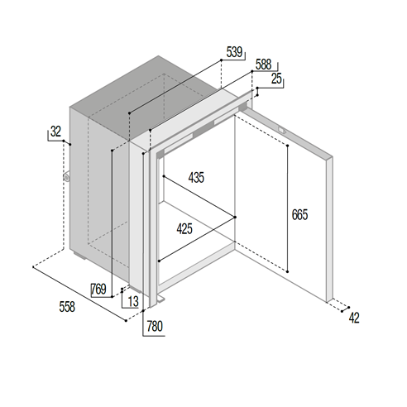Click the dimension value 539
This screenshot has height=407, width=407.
[x=234, y=52]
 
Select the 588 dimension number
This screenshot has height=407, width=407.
[x=264, y=65]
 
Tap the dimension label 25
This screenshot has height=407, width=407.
[x=276, y=79]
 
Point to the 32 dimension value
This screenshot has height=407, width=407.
[x=55, y=132]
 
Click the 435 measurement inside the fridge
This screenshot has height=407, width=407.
[x=196, y=177]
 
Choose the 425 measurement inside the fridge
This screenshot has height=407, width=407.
[x=184, y=229]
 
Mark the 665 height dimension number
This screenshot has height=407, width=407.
[x=299, y=215]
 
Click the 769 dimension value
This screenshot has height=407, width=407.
[x=98, y=290]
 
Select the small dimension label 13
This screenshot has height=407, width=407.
[x=133, y=301]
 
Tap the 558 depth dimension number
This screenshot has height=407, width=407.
[x=67, y=307]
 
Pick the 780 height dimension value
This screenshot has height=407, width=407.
[x=155, y=326]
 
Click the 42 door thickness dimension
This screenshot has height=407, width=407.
[x=354, y=318]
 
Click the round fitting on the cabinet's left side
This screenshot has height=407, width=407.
[x=66, y=177]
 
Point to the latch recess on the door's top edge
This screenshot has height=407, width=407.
[x=281, y=129]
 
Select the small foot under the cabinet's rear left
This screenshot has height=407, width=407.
[x=80, y=256]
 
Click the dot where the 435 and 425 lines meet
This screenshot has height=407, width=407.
[x=235, y=218]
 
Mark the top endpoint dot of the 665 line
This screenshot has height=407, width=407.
[x=287, y=146]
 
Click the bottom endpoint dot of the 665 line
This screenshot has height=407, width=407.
[x=287, y=272]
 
